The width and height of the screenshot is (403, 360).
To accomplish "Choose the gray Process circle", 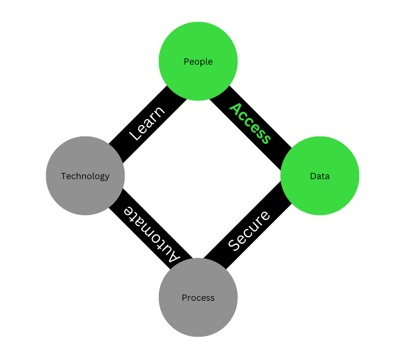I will click(198, 316).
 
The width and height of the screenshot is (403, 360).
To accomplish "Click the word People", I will click(198, 62).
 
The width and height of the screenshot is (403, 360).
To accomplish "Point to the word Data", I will click(320, 176).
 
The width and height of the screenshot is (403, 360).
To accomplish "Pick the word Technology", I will click(85, 176).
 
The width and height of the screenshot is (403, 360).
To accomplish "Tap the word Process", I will click(198, 298).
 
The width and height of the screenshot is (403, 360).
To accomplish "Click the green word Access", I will click(250, 124).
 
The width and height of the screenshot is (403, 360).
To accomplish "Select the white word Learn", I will click(148, 123).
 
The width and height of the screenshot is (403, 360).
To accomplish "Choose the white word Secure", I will click(249, 231).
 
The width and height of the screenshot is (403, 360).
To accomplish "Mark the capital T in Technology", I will click(63, 176).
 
